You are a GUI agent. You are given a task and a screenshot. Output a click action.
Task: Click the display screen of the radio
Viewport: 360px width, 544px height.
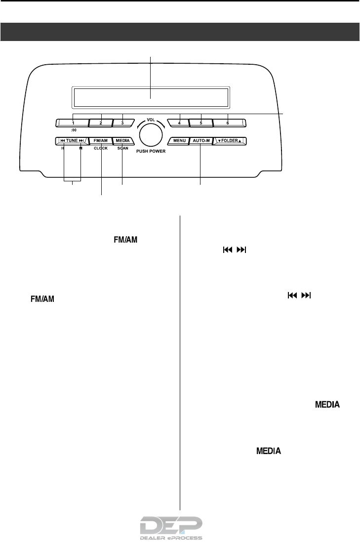(x=150, y=97)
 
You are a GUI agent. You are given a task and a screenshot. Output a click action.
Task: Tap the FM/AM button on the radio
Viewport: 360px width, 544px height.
(x=100, y=141)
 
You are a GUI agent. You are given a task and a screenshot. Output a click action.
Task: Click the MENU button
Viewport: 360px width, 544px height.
(x=178, y=141)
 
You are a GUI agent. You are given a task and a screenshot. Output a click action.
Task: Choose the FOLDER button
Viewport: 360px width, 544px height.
(x=230, y=141)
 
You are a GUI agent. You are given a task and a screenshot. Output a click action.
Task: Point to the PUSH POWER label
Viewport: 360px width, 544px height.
(x=150, y=152)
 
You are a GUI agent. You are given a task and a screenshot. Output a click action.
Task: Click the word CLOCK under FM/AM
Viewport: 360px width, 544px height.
(x=100, y=148)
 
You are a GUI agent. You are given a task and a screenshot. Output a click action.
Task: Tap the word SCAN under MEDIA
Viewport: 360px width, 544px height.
(x=122, y=148)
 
